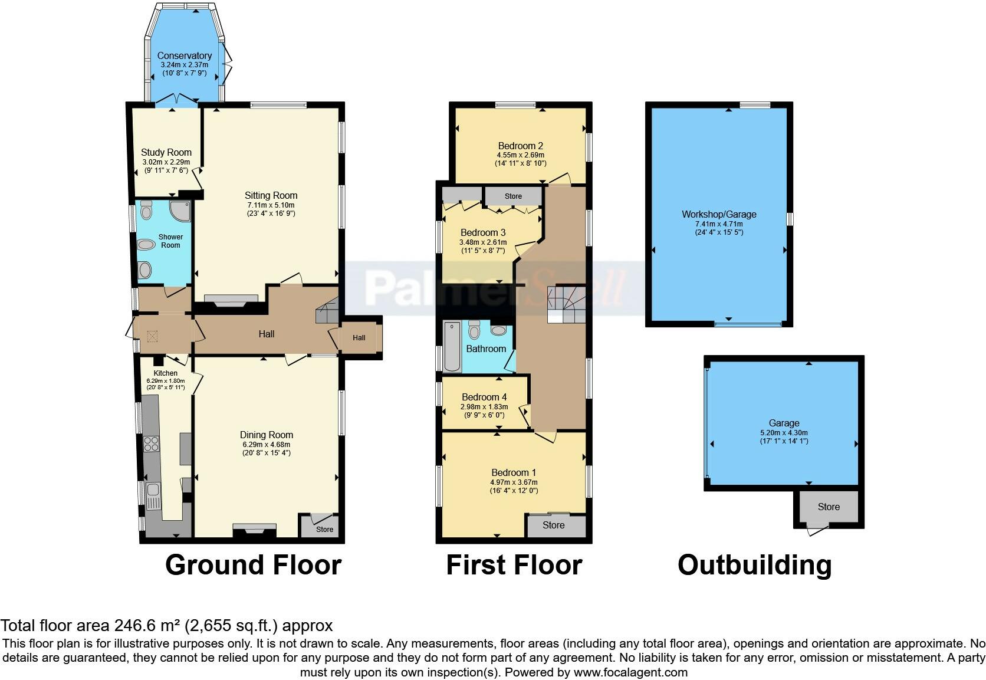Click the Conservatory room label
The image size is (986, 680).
click(x=184, y=55)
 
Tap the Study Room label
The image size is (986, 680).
click(x=166, y=152)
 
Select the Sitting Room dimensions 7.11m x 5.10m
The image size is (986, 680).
click(x=271, y=205)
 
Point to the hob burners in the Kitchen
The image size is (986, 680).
click(x=152, y=443)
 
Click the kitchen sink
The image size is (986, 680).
click(x=154, y=489)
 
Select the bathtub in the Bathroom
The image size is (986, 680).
click(x=452, y=346)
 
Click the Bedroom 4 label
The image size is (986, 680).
click(x=484, y=397)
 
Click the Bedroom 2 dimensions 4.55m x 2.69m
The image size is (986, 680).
click(x=520, y=155)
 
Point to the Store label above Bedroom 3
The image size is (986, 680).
click(x=513, y=196)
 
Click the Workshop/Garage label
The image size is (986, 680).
click(x=719, y=214)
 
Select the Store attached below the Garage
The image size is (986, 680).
click(x=829, y=507)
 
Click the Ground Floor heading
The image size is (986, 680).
click(x=253, y=564)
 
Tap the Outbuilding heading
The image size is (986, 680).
click(x=754, y=564)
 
